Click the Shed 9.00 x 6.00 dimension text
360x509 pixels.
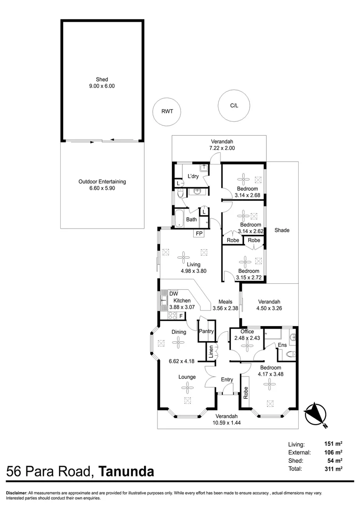(102, 86)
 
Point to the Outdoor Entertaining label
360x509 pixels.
(102, 181)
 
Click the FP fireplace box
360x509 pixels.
(199, 233)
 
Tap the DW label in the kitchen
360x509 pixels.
(174, 294)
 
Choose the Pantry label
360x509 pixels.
(206, 331)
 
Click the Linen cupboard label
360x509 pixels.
(211, 352)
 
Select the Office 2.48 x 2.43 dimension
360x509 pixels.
(247, 338)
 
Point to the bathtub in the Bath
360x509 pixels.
(179, 218)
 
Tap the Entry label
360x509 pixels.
(227, 379)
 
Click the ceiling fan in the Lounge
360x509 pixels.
(188, 388)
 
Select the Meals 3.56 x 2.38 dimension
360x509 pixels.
(225, 308)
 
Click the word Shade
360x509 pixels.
(282, 230)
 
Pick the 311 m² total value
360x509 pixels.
(333, 468)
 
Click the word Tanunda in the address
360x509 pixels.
(126, 471)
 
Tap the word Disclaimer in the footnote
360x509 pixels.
(16, 493)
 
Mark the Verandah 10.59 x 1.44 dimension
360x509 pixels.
(227, 423)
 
